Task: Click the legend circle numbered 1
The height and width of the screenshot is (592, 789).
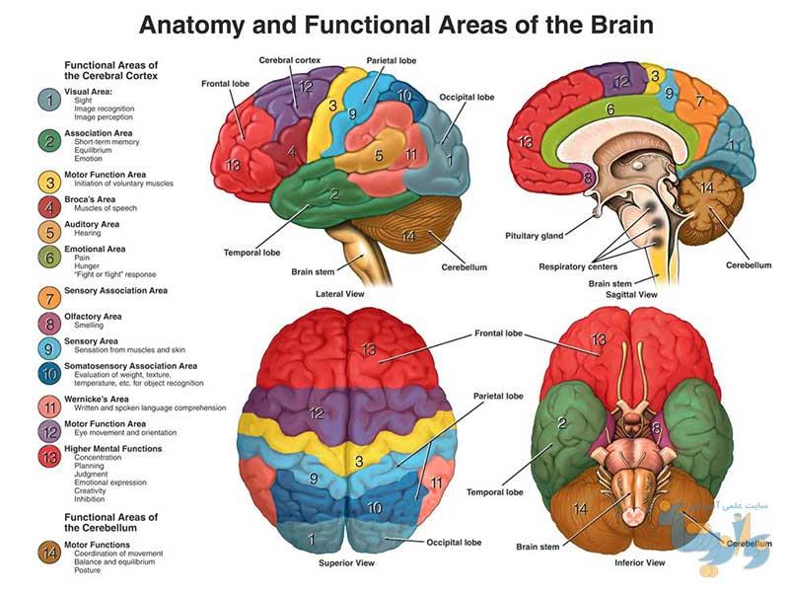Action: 49,100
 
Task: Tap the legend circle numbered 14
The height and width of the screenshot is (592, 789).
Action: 49,554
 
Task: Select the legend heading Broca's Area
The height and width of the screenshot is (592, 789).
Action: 90,199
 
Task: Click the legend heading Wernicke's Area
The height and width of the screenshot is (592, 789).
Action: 96,399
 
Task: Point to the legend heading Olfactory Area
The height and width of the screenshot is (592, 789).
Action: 93,316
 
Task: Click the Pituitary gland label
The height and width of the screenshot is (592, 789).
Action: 534,236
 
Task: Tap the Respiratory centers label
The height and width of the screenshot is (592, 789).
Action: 578,266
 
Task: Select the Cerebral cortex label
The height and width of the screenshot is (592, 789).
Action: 289,60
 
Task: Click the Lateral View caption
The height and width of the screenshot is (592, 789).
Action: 339,293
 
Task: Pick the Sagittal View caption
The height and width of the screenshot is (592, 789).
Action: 631,294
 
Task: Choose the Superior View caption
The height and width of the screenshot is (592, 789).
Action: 346,562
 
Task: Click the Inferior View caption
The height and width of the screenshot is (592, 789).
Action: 639,562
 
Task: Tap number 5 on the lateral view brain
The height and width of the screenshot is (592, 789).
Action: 379,156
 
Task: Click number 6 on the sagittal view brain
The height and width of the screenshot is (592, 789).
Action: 610,110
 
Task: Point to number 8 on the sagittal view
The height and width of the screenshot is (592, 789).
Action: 587,178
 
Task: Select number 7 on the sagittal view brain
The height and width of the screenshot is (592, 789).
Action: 699,101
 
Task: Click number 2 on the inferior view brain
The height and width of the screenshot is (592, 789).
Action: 562,423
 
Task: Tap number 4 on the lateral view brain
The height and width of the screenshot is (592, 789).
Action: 292,151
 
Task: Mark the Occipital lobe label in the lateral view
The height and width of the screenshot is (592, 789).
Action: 466,97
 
